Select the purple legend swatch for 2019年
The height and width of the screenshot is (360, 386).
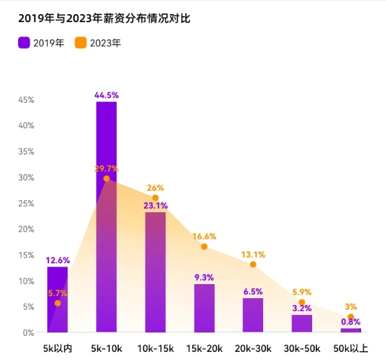pyautogui.click(x=24, y=43)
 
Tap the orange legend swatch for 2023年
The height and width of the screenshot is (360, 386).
pyautogui.click(x=81, y=43)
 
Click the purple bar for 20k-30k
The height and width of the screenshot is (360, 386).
pyautogui.click(x=253, y=315)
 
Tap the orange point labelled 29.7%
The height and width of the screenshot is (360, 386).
pyautogui.click(x=106, y=179)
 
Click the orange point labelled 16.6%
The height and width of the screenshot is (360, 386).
pyautogui.click(x=204, y=246)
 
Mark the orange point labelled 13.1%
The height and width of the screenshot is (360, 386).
pyautogui.click(x=253, y=265)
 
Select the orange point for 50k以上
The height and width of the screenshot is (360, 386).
pyautogui.click(x=350, y=317)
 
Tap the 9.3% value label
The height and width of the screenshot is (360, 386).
pyautogui.click(x=204, y=277)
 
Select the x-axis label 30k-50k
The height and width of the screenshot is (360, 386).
pyautogui.click(x=301, y=349)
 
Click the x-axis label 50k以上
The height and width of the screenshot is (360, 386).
pyautogui.click(x=350, y=349)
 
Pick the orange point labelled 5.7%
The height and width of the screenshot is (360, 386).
pyautogui.click(x=58, y=304)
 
